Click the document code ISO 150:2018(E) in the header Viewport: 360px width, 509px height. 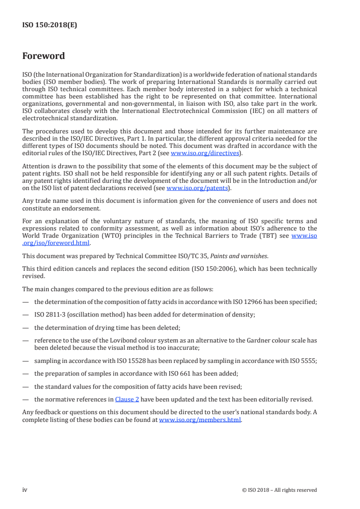[x=49, y=25]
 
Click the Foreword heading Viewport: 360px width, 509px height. [x=44, y=56]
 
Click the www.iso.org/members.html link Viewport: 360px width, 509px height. [x=200, y=420]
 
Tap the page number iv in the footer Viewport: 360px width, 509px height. [x=25, y=489]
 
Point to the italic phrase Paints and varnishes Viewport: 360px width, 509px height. [x=233, y=256]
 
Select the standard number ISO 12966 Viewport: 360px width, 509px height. [x=234, y=302]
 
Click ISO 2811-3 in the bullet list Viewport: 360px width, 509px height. [x=49, y=315]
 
